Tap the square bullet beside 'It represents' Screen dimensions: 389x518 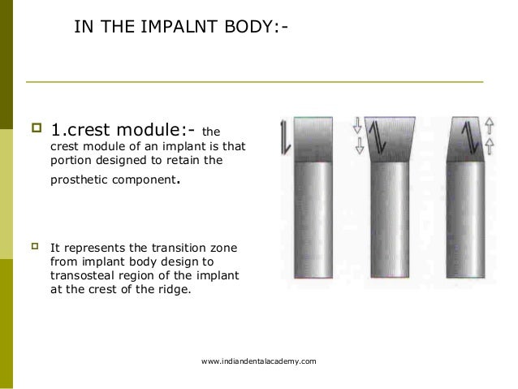tap(35, 247)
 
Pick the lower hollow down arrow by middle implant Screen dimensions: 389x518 tap(356, 146)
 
